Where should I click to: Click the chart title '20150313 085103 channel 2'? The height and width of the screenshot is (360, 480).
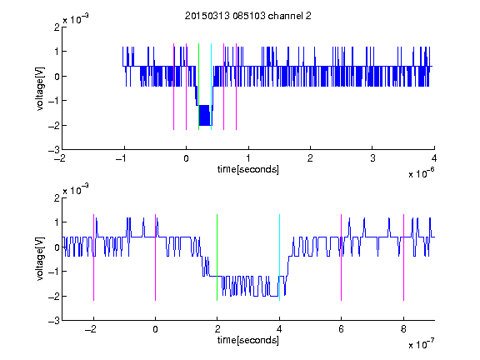tap(248, 16)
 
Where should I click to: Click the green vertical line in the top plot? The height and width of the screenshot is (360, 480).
tap(198, 87)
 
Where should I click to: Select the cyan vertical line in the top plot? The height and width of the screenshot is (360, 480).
tap(211, 87)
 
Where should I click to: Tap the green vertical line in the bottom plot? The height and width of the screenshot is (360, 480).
tap(217, 257)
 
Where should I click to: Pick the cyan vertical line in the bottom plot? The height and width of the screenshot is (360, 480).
tap(279, 257)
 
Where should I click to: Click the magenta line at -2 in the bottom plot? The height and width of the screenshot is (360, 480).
tap(93, 257)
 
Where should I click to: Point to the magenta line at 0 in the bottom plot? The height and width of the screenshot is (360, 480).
tap(156, 257)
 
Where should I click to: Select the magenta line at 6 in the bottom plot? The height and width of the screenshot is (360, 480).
tap(342, 257)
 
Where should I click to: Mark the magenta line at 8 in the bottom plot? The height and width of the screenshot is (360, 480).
tap(404, 257)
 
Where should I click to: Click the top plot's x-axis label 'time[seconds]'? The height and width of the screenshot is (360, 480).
tap(248, 169)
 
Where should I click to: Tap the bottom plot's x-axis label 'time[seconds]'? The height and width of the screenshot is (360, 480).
tap(248, 340)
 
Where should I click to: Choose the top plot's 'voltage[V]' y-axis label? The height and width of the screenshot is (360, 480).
tap(40, 88)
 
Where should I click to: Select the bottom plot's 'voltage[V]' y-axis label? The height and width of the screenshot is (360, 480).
tap(40, 259)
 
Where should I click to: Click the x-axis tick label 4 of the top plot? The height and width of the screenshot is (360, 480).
tap(434, 158)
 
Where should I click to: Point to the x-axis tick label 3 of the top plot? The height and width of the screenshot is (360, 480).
tap(372, 158)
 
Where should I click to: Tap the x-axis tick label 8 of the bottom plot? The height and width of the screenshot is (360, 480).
tap(404, 329)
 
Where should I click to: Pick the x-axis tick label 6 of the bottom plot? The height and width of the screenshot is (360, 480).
tap(342, 329)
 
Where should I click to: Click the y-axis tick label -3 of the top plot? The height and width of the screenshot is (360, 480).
tap(54, 150)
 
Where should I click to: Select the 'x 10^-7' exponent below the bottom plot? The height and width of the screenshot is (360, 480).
tap(422, 343)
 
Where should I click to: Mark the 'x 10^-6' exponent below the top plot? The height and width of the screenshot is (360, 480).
tap(422, 172)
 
